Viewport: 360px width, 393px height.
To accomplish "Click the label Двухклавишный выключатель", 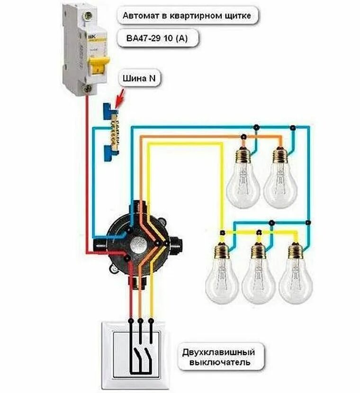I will pyautogui.click(x=219, y=358).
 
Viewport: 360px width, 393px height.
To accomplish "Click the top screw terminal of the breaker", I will pyautogui.click(x=86, y=16).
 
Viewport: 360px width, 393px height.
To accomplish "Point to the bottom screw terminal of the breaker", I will pyautogui.click(x=86, y=88).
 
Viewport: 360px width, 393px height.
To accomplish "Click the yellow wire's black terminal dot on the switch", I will pyautogui.click(x=151, y=322).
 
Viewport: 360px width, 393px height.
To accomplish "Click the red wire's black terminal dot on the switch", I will pyautogui.click(x=130, y=322).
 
